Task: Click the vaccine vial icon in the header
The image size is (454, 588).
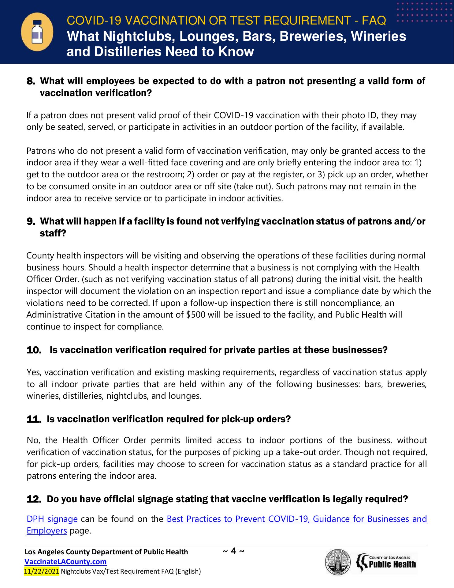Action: pos(37,32)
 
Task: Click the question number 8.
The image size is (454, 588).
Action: pos(31,81)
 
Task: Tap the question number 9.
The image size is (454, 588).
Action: pos(31,221)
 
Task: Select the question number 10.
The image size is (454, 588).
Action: pos(34,350)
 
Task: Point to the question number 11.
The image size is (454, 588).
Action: pos(34,419)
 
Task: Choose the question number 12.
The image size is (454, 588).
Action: pos(34,499)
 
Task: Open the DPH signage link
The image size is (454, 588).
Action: pos(52,519)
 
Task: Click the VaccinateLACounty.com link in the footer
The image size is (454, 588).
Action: pos(65,562)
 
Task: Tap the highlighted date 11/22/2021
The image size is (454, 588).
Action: pos(41,571)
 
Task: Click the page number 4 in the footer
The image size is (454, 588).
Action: pos(233,551)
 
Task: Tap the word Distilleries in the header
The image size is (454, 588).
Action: pos(128,51)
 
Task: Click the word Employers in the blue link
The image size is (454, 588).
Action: pos(47,530)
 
